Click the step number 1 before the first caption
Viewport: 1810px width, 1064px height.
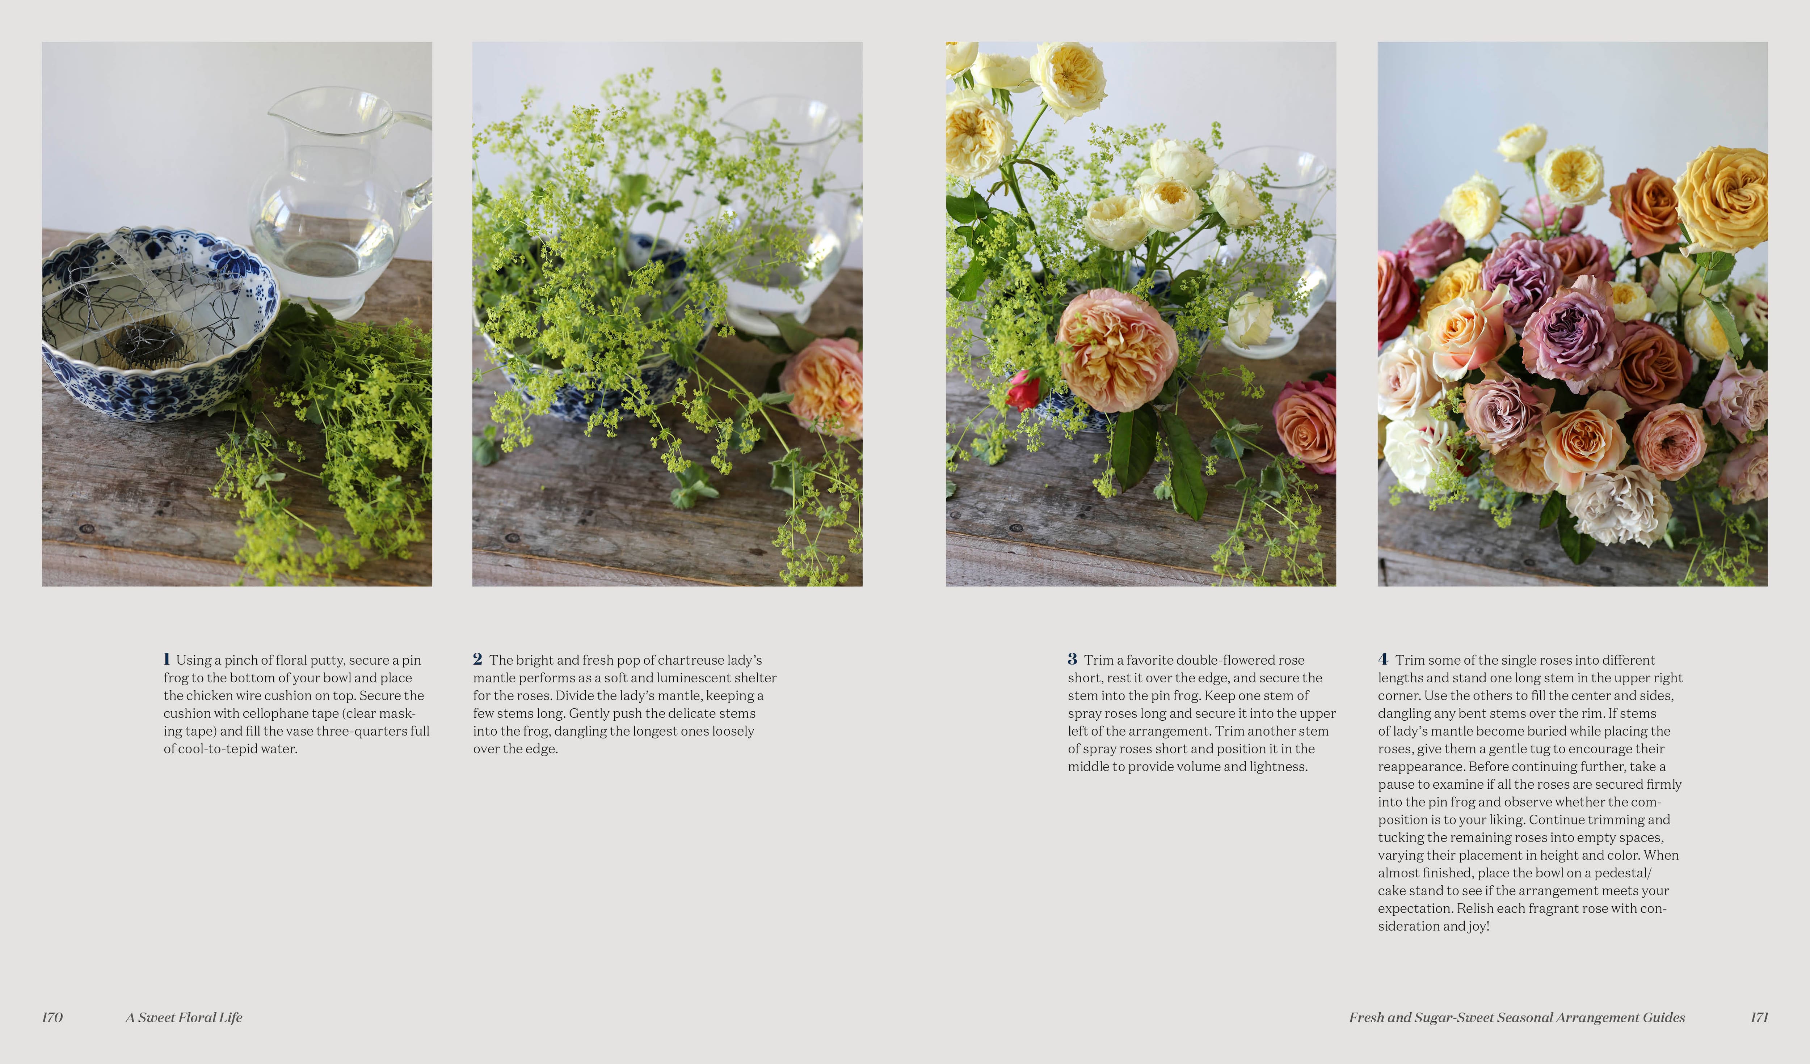(x=167, y=659)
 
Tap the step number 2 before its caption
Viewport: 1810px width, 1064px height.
(x=477, y=659)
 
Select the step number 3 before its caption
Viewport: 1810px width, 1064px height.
(x=1072, y=659)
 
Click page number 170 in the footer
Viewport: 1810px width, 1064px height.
(x=52, y=1017)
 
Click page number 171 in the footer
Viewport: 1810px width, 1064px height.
(x=1759, y=1017)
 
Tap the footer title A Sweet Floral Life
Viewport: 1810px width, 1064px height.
(x=184, y=1017)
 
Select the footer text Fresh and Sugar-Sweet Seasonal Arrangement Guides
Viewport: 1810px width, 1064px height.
(x=1517, y=1017)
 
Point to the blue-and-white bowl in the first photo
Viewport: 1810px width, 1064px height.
(x=158, y=323)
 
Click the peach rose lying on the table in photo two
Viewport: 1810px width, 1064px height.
(x=824, y=386)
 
